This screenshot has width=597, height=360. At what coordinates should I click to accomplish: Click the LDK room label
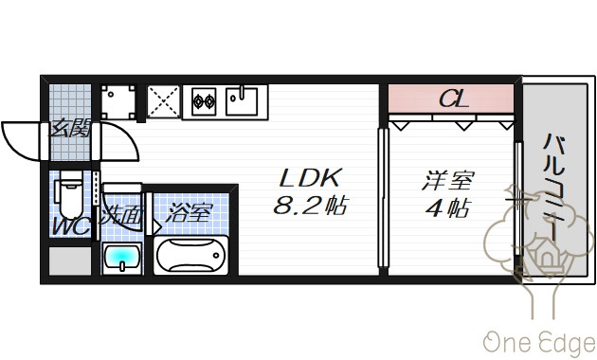click(310, 178)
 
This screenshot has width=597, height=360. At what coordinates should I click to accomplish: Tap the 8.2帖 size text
click(310, 206)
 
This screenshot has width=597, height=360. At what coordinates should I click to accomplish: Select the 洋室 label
click(448, 180)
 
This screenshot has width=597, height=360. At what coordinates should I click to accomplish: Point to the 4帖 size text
click(448, 207)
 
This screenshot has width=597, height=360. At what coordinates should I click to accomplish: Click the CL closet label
click(453, 99)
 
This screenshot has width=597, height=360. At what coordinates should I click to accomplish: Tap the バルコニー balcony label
click(553, 188)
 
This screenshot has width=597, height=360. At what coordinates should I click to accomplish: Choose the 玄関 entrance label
click(70, 128)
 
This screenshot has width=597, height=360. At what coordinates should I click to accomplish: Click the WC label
click(71, 226)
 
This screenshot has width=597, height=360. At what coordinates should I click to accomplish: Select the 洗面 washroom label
click(121, 216)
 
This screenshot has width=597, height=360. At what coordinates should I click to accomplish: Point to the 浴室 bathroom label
click(189, 213)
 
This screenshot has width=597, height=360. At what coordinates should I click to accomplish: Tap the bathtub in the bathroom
click(190, 256)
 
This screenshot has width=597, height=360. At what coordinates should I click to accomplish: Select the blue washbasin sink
click(122, 259)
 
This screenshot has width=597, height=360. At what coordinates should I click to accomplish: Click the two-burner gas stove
click(204, 101)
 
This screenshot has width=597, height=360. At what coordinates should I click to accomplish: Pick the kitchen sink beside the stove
click(242, 101)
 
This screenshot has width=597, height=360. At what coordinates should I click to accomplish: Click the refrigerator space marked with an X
click(163, 101)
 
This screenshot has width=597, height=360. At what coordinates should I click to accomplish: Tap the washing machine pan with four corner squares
click(118, 101)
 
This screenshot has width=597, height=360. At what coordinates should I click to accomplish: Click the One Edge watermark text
click(539, 343)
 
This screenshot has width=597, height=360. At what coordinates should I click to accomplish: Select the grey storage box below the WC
click(70, 261)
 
